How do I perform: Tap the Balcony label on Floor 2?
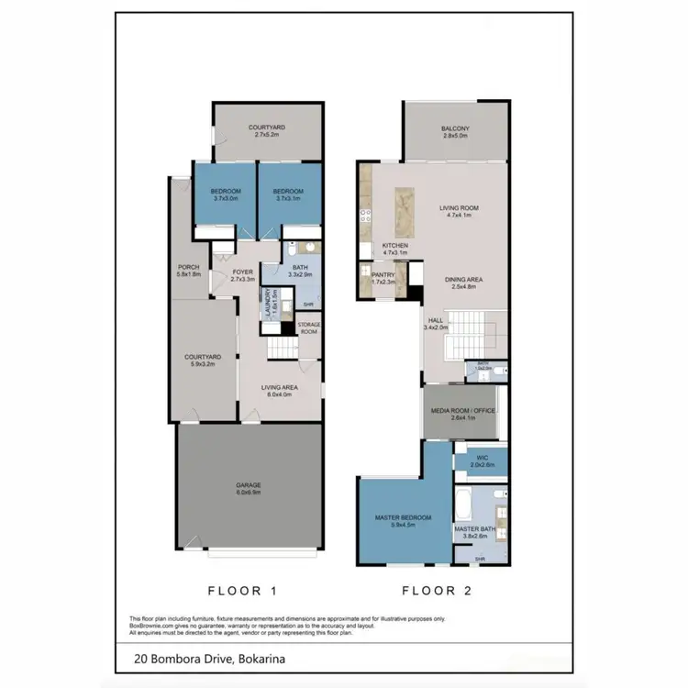455,131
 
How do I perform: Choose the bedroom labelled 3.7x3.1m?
288,194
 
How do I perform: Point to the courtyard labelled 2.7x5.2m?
268,131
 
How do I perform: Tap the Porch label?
188,271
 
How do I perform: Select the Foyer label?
242,274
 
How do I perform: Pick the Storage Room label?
307,327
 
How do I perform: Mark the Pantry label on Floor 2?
383,278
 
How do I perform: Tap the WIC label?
482,461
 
